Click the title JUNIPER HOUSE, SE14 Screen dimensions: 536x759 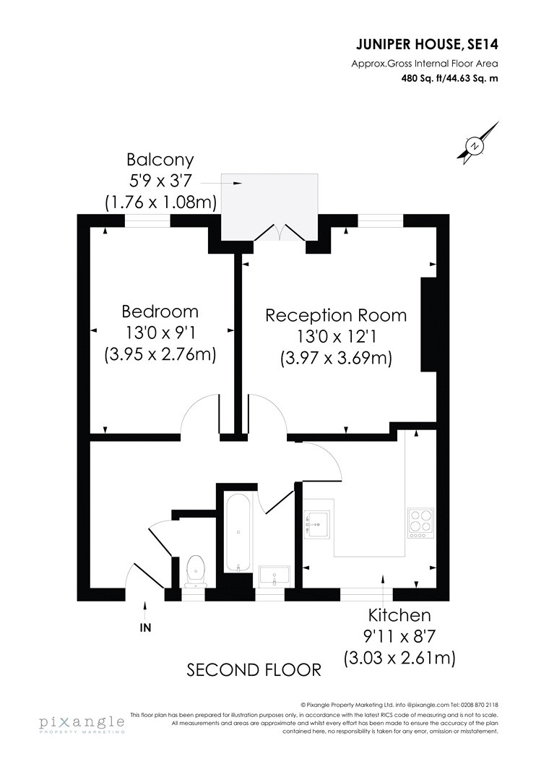pos(427,45)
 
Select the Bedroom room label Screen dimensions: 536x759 pos(160,312)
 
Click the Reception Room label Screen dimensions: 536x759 pos(336,316)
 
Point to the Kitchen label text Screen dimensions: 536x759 pos(399,615)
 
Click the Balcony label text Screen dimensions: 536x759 pos(160,159)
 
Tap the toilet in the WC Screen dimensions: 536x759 pos(196,571)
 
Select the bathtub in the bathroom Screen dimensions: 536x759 pos(238,533)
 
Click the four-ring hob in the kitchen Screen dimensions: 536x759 pos(420,523)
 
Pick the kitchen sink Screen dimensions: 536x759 pos(316,525)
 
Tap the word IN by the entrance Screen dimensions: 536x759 pos(145,628)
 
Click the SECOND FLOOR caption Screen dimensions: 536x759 pos(254,670)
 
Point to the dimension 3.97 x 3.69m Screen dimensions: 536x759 pos(336,359)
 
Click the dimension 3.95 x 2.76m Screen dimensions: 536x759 pos(160,354)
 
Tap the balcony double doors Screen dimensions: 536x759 pos(280,232)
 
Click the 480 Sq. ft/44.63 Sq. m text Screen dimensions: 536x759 pos(449,78)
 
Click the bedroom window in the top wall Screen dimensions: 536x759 pos(148,220)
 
